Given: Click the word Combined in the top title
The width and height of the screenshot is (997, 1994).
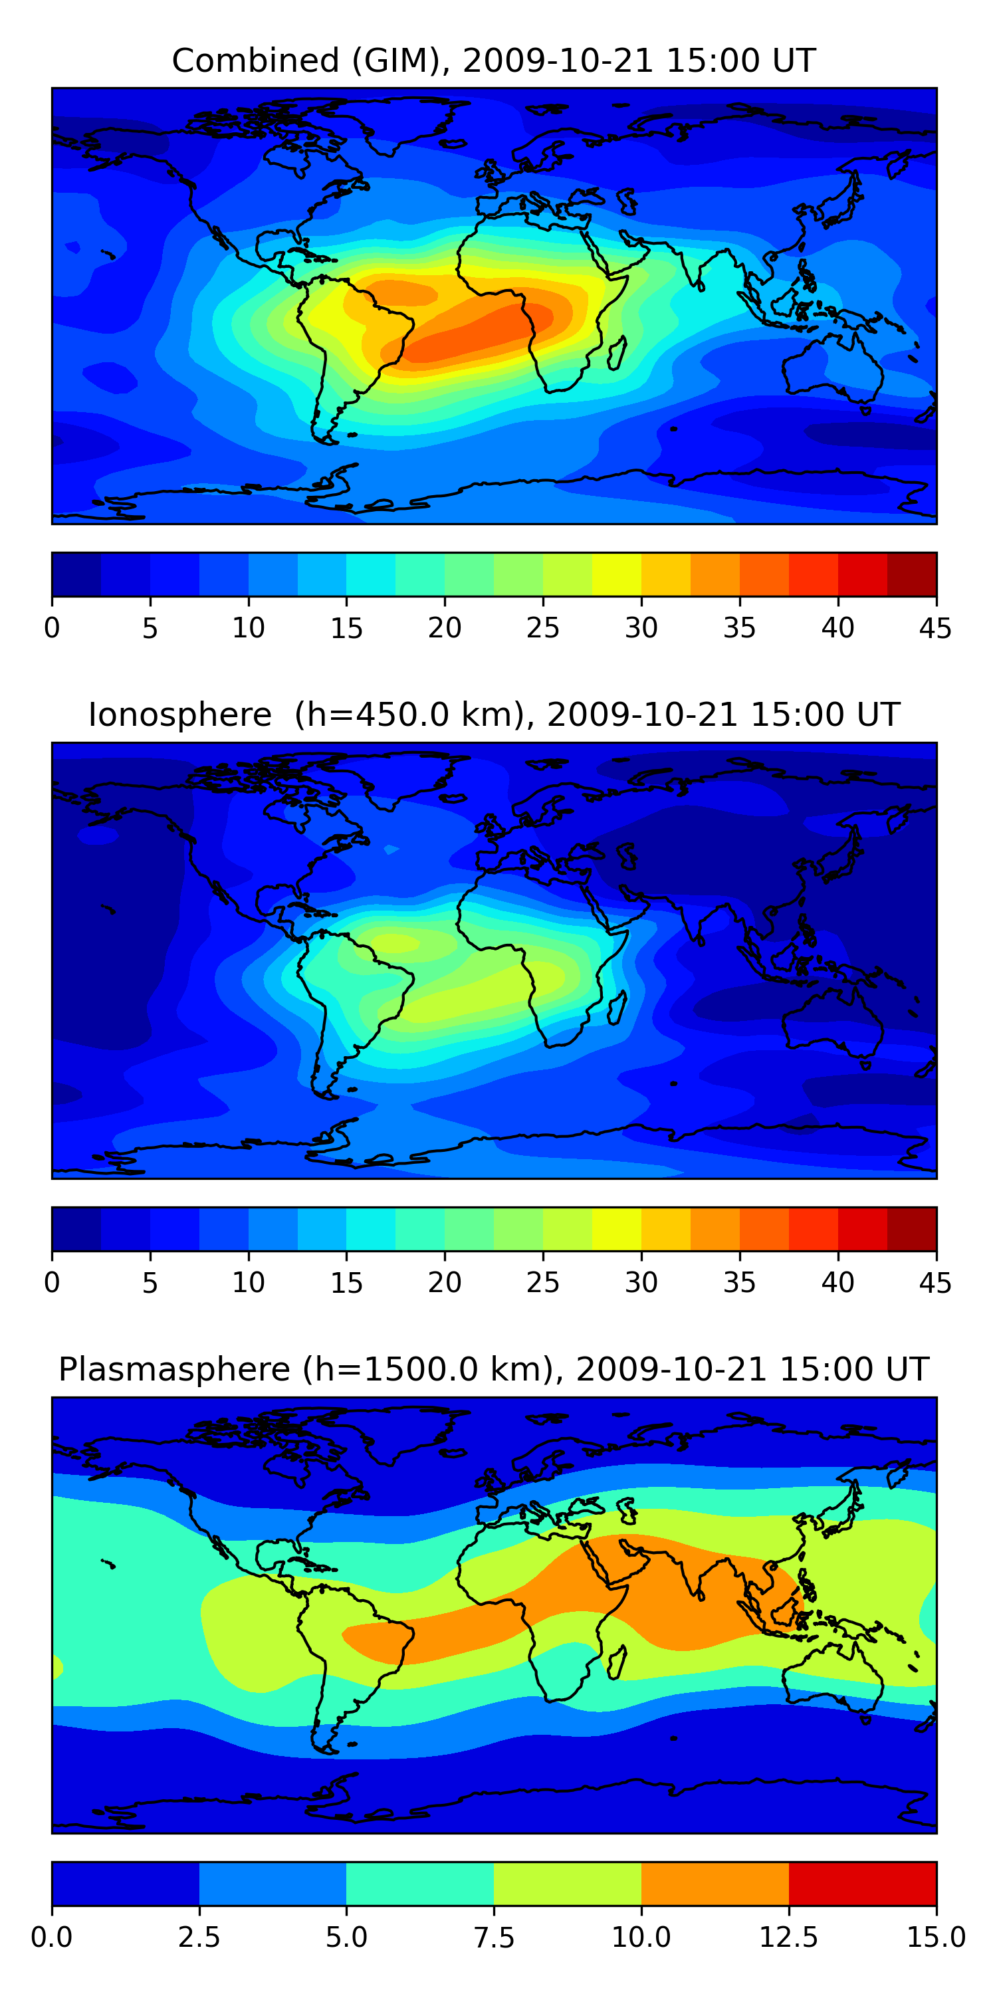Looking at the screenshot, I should (255, 60).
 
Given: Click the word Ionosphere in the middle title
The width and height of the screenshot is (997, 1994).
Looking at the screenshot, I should (179, 715).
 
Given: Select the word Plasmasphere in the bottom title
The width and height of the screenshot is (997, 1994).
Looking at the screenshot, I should (174, 1369).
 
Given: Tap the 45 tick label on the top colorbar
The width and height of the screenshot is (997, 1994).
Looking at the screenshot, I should (935, 627).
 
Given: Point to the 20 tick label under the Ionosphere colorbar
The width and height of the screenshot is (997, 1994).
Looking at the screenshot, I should (444, 1283).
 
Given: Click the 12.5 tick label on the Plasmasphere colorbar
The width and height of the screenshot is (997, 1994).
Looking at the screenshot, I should (788, 1938).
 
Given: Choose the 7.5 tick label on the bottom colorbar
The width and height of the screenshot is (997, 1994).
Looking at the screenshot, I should (494, 1938).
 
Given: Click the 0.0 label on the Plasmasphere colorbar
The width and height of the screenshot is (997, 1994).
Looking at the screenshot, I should (52, 1938).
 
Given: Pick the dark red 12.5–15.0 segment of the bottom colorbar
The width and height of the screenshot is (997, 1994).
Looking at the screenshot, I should (862, 1883).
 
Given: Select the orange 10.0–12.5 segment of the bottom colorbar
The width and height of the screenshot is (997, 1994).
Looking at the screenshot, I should (715, 1883).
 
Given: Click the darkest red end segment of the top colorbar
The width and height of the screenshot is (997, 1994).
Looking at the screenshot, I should (911, 574).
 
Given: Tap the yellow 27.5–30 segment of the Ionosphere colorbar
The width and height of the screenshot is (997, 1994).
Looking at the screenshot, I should (616, 1228).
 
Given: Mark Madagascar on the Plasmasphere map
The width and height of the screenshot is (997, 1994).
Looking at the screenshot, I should (617, 1664).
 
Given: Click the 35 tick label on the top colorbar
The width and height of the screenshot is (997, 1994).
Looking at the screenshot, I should (739, 627).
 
